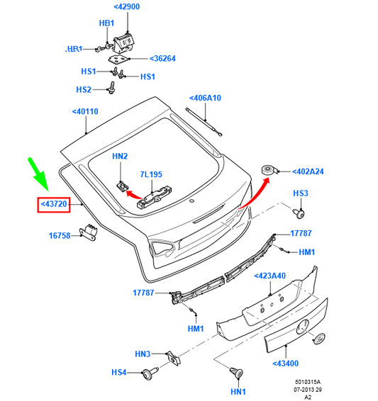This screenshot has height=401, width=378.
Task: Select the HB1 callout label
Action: [x=106, y=23]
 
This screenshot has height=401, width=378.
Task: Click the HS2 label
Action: [x=84, y=90]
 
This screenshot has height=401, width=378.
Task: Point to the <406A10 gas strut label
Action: [x=205, y=98]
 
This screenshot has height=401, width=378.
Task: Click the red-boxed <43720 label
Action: [x=54, y=204]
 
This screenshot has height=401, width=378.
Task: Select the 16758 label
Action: [x=59, y=235]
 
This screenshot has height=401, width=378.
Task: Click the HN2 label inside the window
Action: [x=120, y=157]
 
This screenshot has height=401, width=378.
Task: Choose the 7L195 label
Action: [x=151, y=174]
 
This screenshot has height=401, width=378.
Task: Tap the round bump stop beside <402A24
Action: [x=270, y=171]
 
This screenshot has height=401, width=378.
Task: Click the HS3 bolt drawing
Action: [x=301, y=211]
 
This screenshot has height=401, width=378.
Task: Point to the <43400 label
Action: [x=286, y=364]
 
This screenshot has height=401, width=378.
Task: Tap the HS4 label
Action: [x=118, y=372]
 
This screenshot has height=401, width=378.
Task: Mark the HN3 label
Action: [x=143, y=354]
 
